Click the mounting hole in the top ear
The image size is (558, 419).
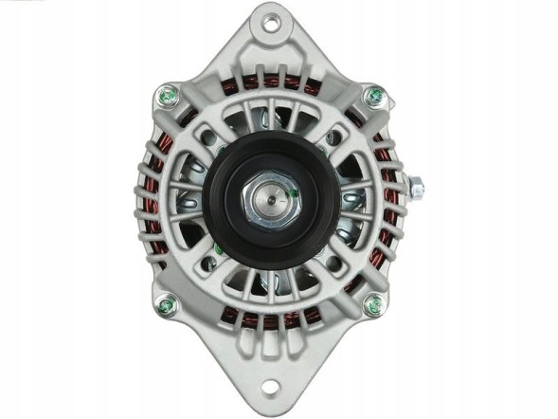272,22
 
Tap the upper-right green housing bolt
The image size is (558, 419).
376,96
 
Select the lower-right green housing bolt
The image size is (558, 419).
374,305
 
